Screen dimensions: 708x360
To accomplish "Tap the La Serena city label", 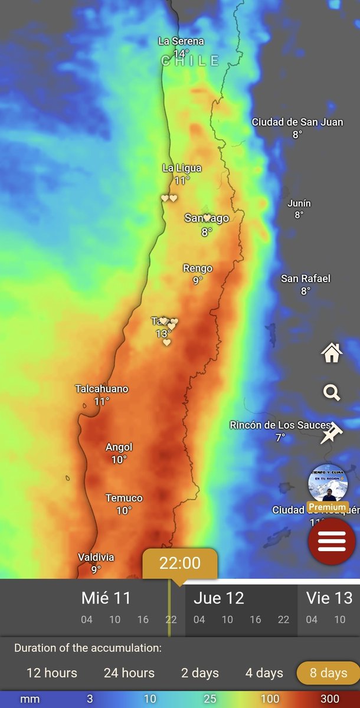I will [181, 41].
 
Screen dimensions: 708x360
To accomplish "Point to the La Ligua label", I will [182, 168].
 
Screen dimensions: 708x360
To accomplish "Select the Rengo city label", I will [198, 268].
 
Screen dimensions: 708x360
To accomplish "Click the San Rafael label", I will [306, 278].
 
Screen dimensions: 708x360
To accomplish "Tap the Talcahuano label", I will [102, 389].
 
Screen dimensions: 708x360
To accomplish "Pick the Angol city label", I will [119, 447].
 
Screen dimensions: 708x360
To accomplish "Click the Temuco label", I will [124, 498].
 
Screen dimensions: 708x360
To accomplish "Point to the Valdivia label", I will [96, 557].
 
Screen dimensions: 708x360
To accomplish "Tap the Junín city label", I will [299, 204].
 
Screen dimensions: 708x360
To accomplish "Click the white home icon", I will [332, 353].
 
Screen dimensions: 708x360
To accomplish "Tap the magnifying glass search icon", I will [332, 392].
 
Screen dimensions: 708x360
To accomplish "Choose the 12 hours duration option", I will [52, 673].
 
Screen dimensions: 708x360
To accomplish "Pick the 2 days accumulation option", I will [200, 673].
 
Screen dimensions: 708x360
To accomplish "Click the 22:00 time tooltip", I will [180, 563].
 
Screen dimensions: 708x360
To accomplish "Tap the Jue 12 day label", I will [219, 598].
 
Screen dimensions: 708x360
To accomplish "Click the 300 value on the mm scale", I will [330, 699].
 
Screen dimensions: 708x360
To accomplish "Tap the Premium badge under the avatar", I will [327, 507].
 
